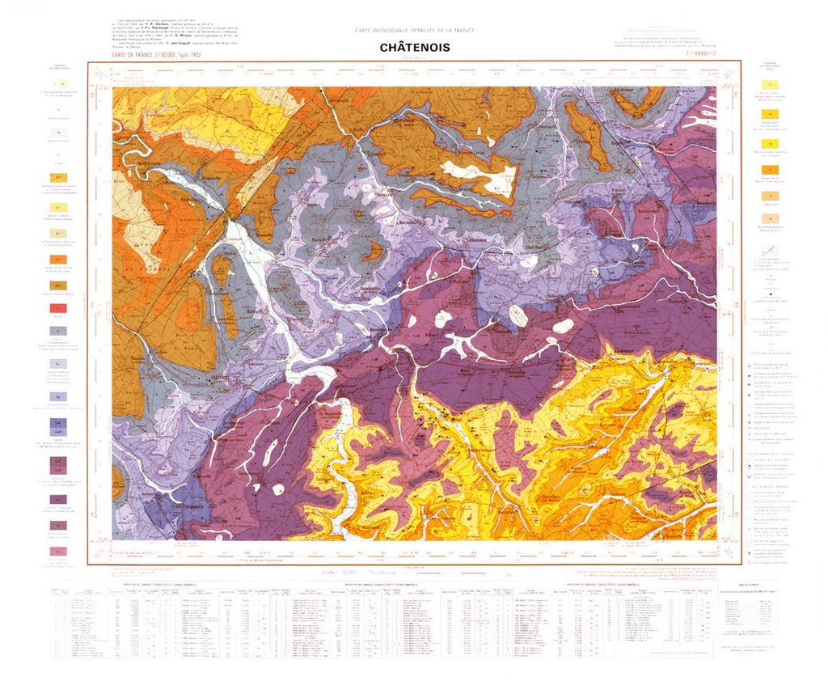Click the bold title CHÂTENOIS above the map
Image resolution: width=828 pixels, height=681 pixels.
414,48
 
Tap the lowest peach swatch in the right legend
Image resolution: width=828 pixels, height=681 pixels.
771,218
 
